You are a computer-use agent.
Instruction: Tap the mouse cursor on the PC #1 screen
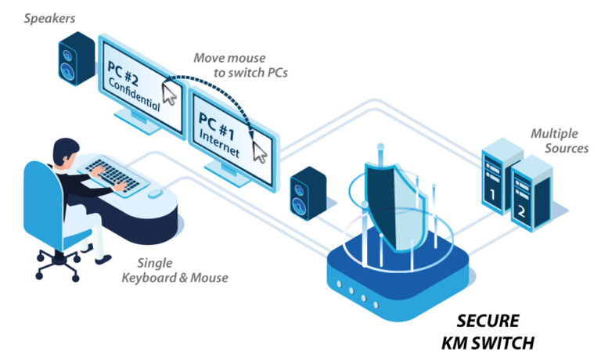259,151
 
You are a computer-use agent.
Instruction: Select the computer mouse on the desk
156,192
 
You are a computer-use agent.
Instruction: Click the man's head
66,150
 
